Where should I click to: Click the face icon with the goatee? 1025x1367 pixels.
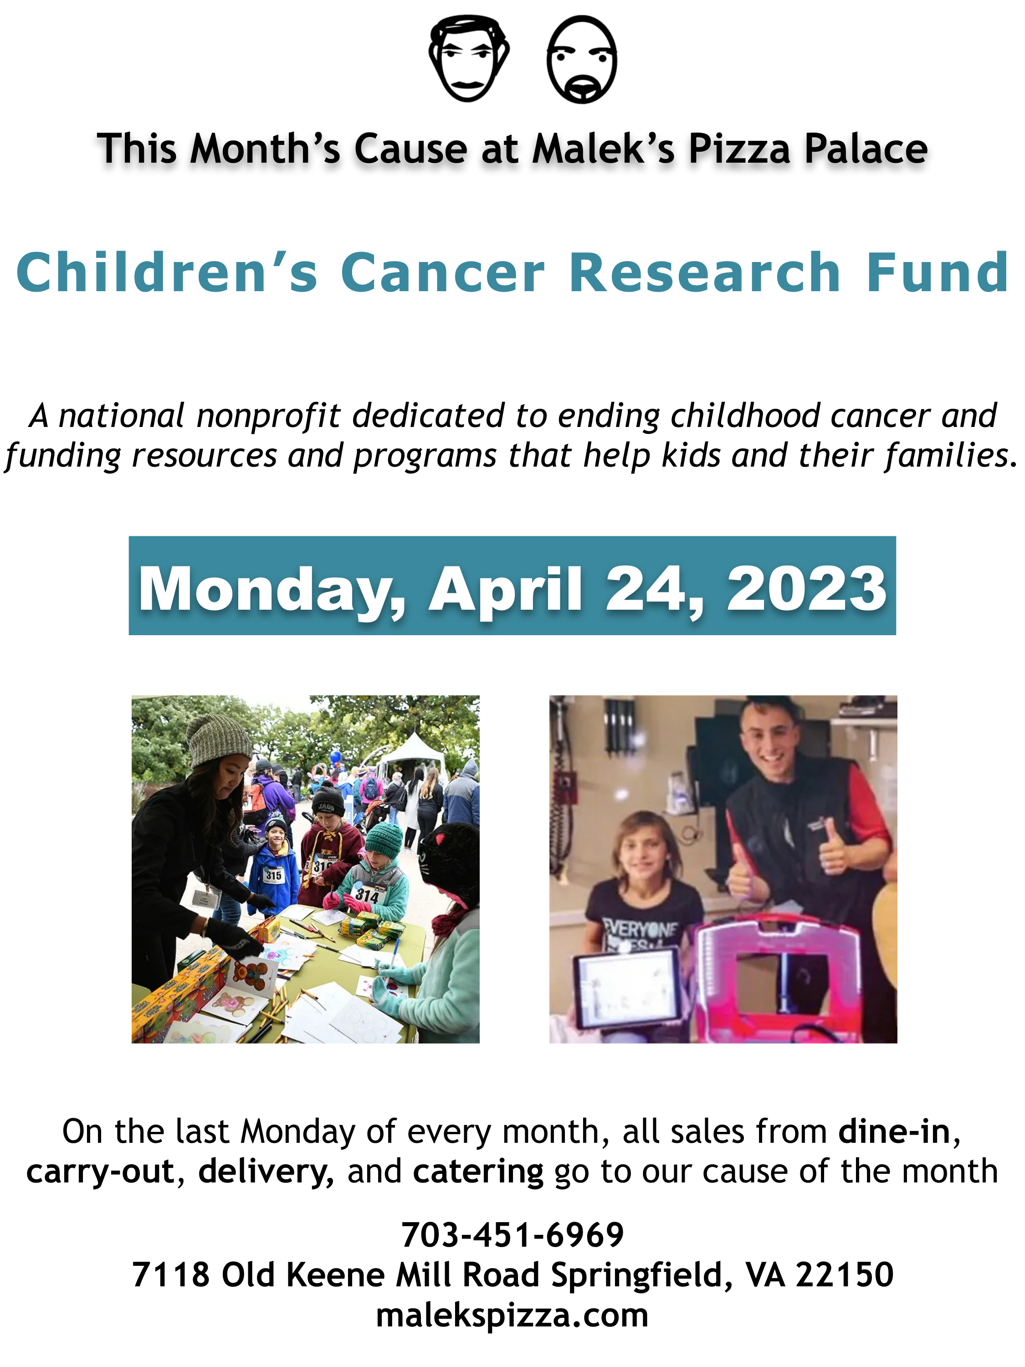click(581, 60)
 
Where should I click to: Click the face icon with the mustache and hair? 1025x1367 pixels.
click(469, 59)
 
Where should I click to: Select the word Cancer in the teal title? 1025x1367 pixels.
click(442, 272)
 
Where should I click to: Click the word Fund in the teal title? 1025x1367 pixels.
click(937, 272)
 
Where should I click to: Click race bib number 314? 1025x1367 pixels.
click(367, 894)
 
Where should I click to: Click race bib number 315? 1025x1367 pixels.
click(273, 875)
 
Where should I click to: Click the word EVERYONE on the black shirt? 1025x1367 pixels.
click(641, 929)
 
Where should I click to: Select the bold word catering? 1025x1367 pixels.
click(477, 1171)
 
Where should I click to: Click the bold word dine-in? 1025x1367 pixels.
click(893, 1131)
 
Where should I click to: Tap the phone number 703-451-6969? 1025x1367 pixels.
click(512, 1235)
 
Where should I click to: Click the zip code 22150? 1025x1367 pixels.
click(844, 1274)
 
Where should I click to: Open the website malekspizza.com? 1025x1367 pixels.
click(512, 1315)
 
